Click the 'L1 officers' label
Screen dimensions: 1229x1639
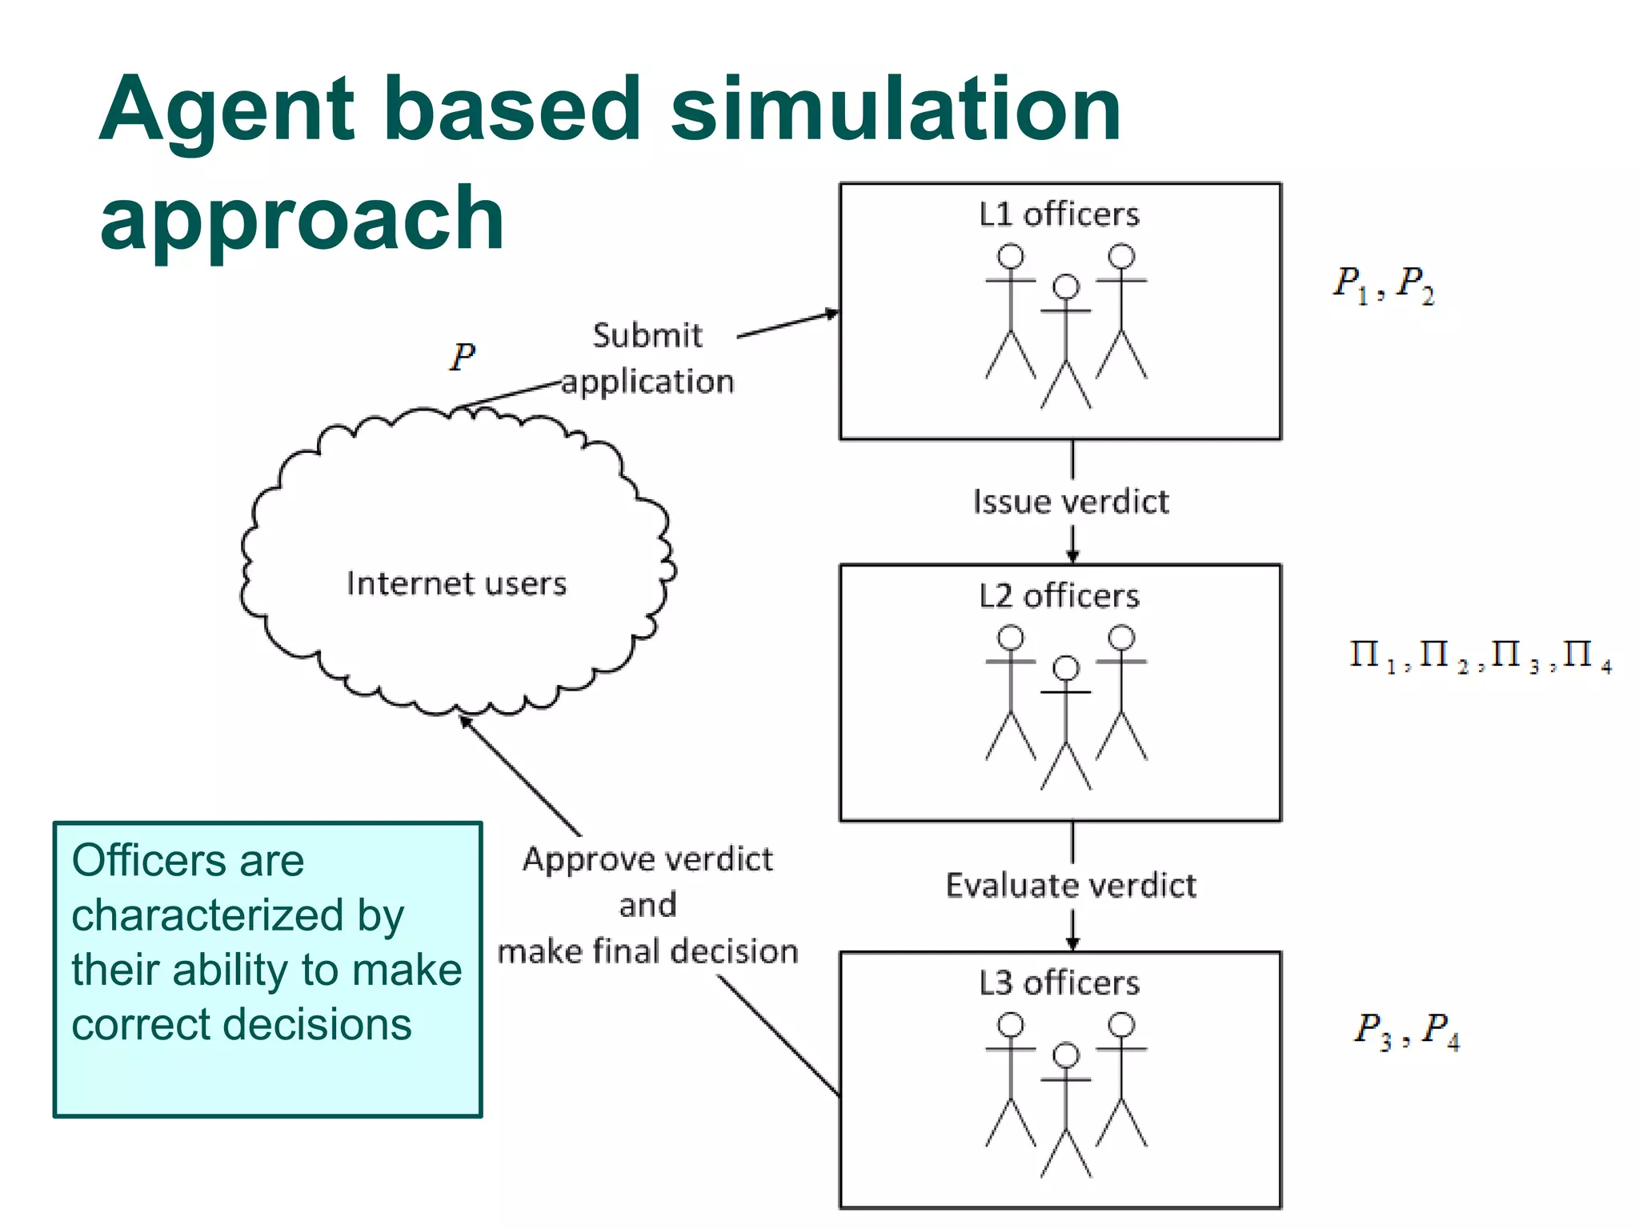[x=1058, y=214]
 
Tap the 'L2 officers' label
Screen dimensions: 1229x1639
[x=1058, y=596]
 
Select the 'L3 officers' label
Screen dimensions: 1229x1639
[x=1058, y=983]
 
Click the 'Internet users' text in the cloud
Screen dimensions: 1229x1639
[x=456, y=583]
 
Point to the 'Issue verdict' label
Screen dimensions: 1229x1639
[x=1071, y=502]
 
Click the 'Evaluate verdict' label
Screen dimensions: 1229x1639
[x=1071, y=886]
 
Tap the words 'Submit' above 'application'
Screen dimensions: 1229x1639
[x=647, y=335]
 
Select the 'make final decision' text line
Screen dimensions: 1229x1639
[x=647, y=951]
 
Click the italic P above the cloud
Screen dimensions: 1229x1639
[x=462, y=357]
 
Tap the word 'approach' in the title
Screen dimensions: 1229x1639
[x=302, y=218]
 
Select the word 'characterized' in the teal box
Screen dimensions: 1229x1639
[x=206, y=915]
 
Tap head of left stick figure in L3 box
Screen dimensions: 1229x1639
[x=1011, y=1025]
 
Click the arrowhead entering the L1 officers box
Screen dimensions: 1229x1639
[x=832, y=313]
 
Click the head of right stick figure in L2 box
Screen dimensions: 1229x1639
[x=1121, y=638]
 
